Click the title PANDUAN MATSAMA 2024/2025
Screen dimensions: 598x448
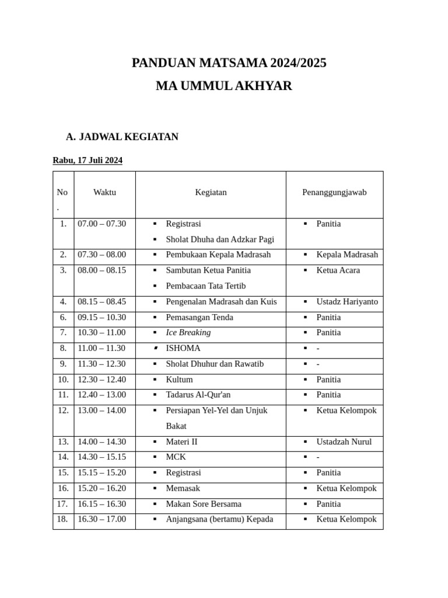229,63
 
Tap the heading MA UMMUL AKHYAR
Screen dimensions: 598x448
223,86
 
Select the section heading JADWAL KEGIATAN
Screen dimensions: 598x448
128,137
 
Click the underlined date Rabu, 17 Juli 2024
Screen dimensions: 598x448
87,160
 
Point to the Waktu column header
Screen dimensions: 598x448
104,192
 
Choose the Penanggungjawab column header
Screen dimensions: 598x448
334,192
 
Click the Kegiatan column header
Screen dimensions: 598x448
211,192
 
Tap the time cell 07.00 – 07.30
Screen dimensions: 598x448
101,224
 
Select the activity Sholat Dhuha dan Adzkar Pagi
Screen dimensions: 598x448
220,239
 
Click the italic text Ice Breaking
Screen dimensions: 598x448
188,332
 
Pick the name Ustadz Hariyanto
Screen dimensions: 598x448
347,302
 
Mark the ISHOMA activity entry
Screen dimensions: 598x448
183,348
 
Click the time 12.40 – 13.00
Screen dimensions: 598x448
101,395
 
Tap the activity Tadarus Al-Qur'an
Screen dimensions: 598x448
198,395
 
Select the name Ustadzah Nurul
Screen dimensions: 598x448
344,441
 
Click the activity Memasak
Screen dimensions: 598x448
183,488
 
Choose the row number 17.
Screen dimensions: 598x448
62,503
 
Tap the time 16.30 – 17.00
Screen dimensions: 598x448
101,519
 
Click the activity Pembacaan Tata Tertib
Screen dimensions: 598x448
206,286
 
